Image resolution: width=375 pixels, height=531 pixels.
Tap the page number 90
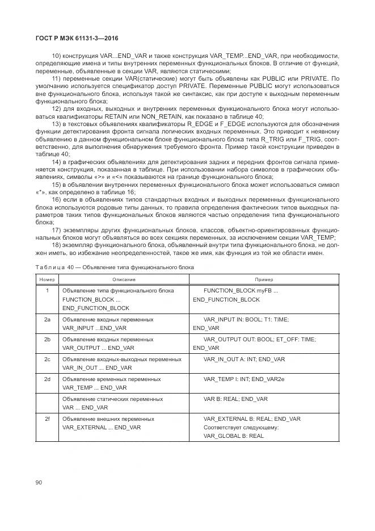(39, 483)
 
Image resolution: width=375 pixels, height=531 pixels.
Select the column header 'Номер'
(47, 279)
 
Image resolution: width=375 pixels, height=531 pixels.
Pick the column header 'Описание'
(123, 279)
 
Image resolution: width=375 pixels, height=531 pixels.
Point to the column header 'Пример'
(263, 279)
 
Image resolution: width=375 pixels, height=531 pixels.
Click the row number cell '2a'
(47, 320)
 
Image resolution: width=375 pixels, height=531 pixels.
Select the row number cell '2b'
(47, 339)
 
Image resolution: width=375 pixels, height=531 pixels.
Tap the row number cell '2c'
(47, 359)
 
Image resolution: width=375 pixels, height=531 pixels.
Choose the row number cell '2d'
(47, 379)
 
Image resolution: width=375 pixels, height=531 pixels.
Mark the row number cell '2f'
(47, 419)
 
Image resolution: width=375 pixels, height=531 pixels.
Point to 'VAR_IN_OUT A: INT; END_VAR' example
(244, 359)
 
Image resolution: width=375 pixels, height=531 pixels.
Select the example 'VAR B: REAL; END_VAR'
(235, 399)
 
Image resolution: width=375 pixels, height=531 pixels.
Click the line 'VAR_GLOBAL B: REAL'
(234, 436)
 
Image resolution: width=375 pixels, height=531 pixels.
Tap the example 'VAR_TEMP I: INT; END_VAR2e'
(245, 379)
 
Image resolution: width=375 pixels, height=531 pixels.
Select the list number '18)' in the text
(56, 245)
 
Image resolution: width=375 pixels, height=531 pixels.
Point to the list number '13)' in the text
(56, 123)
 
